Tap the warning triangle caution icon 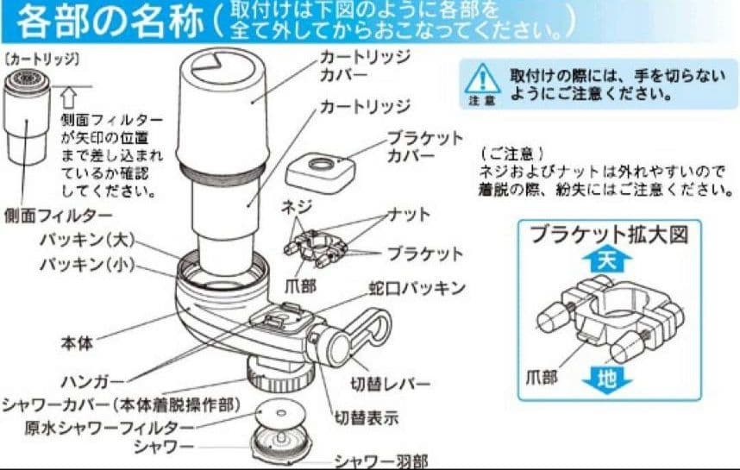click(x=483, y=82)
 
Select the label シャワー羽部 click(x=381, y=461)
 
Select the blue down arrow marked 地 click(x=607, y=377)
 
